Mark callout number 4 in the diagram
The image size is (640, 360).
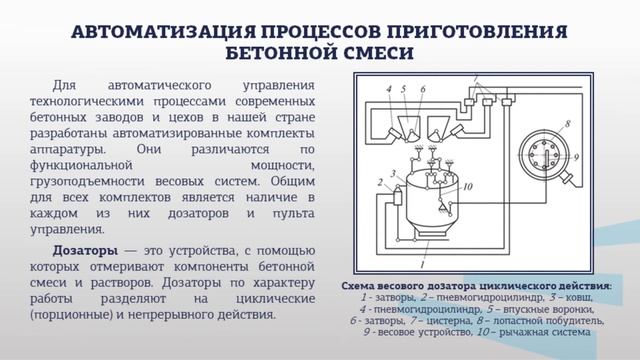click(x=387, y=91)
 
